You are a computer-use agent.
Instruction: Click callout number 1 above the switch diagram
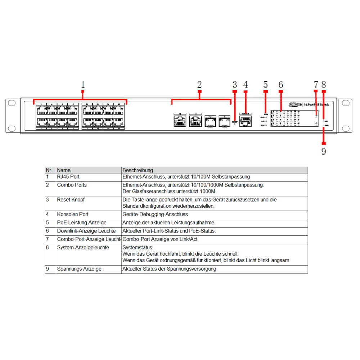click(83, 85)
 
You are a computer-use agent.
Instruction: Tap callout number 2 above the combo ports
click(199, 85)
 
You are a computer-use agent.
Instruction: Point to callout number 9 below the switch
click(324, 152)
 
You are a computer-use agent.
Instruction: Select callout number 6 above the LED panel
click(281, 85)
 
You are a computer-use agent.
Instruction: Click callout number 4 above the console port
click(246, 85)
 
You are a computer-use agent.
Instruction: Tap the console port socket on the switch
click(246, 122)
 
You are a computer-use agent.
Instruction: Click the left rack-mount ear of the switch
click(12, 115)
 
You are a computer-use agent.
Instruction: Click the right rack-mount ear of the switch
click(346, 115)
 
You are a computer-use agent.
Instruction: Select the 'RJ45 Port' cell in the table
click(68, 177)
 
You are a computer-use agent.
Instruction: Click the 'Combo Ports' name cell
click(72, 185)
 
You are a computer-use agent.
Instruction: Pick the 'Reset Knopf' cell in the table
click(71, 199)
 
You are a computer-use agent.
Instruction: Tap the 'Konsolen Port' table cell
click(73, 214)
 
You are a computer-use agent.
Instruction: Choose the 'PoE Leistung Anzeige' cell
click(82, 222)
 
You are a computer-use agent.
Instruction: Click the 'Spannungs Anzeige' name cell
click(79, 269)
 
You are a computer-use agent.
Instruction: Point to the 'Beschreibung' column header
click(138, 170)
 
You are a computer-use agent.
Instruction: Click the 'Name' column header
click(64, 170)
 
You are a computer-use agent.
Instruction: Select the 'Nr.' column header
click(49, 170)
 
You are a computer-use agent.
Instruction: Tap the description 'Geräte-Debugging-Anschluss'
click(155, 214)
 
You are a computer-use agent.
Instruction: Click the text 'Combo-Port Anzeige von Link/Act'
click(160, 239)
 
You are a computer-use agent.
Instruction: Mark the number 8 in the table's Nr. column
click(47, 247)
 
